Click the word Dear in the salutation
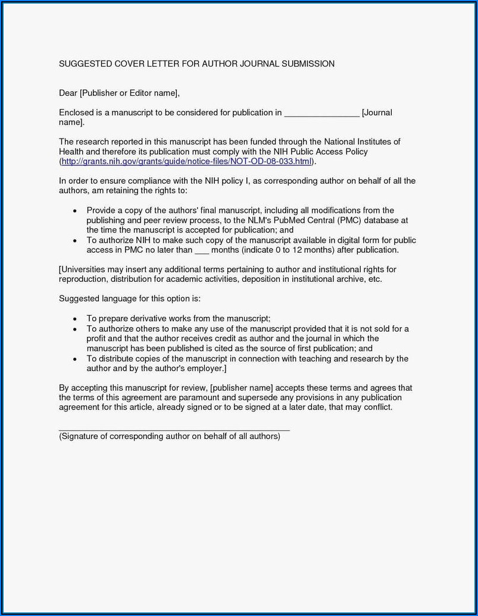[68, 93]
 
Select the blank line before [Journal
[321, 113]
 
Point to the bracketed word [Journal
[377, 112]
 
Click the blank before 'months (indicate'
[202, 250]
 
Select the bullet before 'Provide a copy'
[74, 210]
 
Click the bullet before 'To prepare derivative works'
[74, 319]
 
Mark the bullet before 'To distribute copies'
[74, 359]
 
